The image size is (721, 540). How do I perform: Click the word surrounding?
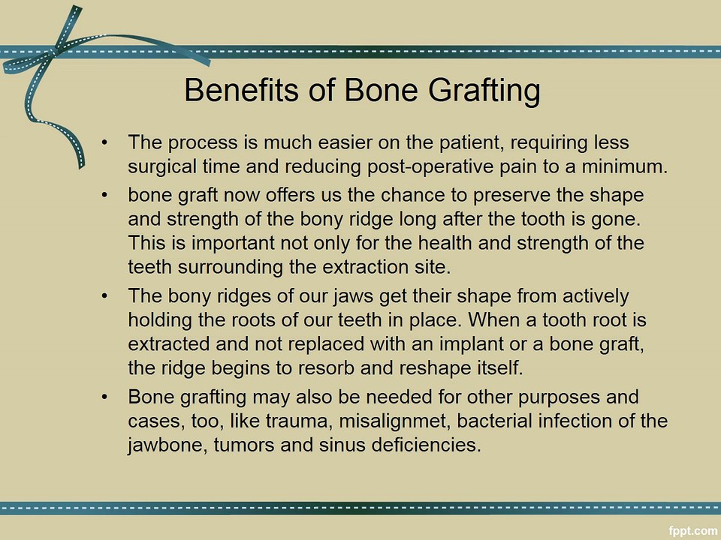point(224,266)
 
